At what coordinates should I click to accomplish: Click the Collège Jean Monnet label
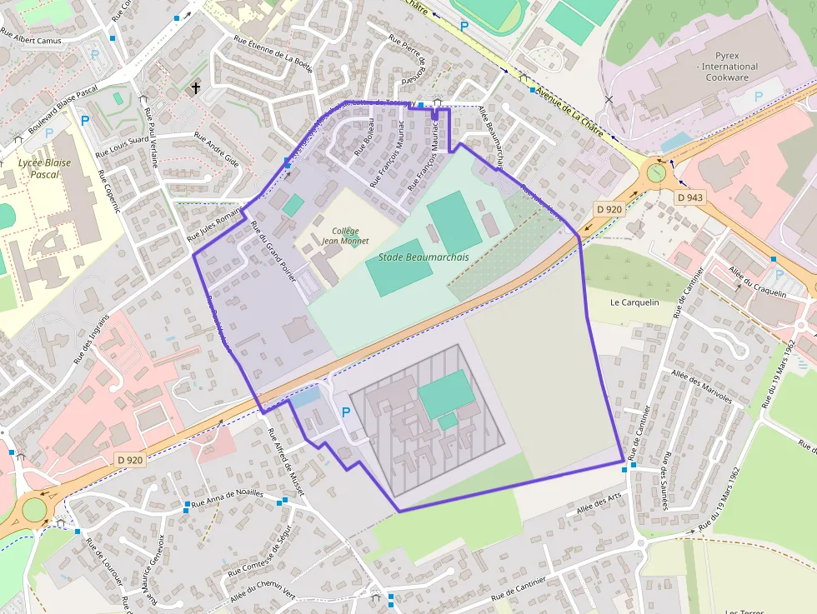(345, 237)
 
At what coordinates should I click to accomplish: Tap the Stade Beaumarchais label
(419, 257)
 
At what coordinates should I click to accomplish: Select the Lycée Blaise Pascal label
(44, 169)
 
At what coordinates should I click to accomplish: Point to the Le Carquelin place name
(635, 302)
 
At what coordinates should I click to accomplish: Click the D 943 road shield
(690, 197)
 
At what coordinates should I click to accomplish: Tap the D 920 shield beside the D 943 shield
(610, 208)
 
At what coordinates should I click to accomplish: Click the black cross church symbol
(197, 87)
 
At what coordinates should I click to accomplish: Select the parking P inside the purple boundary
(346, 412)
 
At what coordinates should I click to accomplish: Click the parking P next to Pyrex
(758, 97)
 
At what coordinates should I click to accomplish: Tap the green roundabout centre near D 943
(657, 173)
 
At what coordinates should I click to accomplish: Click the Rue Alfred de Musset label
(285, 462)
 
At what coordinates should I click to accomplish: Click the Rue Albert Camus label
(31, 39)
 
